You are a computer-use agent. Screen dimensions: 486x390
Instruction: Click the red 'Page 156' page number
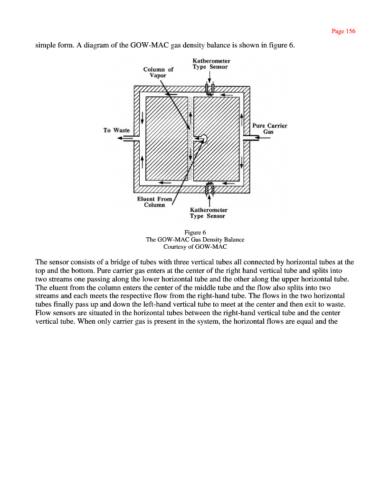(x=343, y=31)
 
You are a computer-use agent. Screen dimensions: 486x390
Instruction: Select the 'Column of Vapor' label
(x=158, y=72)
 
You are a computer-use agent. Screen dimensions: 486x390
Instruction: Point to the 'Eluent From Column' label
(x=154, y=202)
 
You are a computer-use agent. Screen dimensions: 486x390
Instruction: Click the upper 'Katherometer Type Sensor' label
(x=211, y=64)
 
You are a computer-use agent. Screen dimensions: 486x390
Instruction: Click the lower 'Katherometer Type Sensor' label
(x=209, y=213)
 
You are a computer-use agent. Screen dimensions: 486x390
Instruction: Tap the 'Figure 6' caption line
(x=195, y=232)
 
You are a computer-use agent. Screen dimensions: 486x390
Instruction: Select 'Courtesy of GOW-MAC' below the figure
(x=195, y=247)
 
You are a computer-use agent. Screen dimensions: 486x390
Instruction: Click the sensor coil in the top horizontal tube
(x=209, y=90)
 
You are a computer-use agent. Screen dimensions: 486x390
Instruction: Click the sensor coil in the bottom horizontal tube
(x=209, y=189)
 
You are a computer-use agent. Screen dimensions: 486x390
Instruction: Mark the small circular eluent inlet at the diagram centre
(x=203, y=139)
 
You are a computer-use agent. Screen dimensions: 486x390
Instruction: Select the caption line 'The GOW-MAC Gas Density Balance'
(x=195, y=240)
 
